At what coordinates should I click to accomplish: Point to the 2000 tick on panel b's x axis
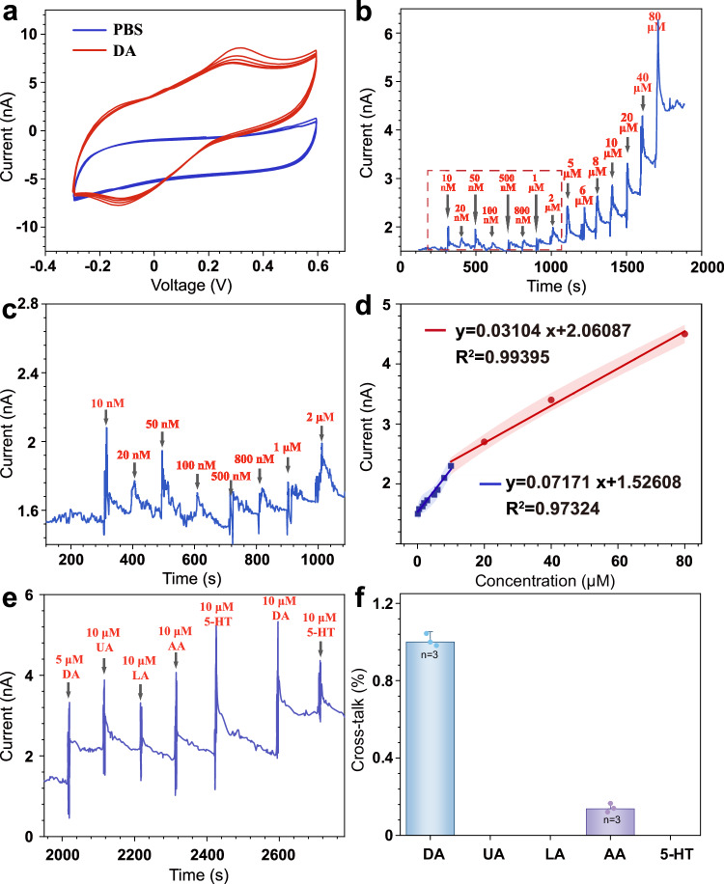pos(690,264)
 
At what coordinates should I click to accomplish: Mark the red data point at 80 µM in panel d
pos(684,334)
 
